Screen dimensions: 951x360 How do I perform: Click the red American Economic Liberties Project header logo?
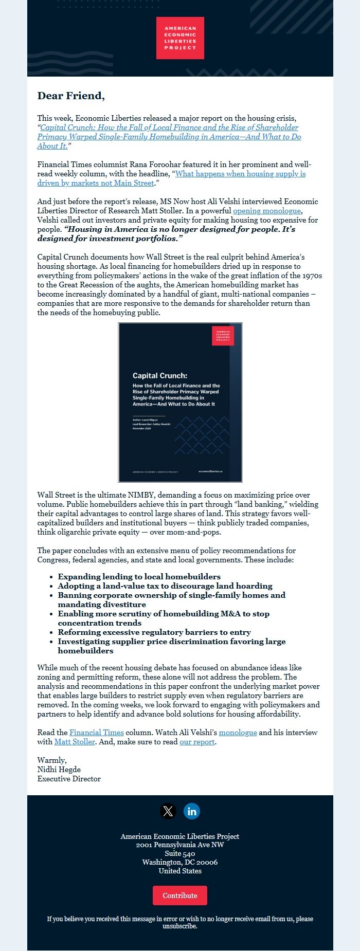click(x=180, y=38)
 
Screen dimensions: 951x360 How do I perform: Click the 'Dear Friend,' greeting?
click(x=71, y=96)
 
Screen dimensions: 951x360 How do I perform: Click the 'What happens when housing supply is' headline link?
click(x=240, y=174)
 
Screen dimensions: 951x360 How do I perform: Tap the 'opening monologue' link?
click(x=266, y=211)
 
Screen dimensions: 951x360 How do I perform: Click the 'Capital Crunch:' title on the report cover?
click(x=160, y=375)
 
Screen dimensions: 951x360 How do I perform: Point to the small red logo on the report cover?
click(x=223, y=336)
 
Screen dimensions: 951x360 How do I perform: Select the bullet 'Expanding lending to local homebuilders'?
click(x=139, y=577)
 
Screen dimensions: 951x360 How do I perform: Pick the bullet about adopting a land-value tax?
click(x=165, y=586)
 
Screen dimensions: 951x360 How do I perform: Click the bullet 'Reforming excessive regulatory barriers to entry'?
click(x=154, y=632)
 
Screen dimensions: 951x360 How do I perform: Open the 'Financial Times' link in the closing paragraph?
click(x=97, y=733)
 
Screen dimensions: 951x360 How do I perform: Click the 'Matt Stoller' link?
click(x=75, y=742)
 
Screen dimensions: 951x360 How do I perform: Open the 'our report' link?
click(x=197, y=742)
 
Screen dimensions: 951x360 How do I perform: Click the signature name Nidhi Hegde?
click(x=59, y=770)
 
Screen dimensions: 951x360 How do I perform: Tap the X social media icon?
click(x=168, y=811)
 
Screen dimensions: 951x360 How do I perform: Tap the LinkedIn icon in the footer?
click(x=192, y=811)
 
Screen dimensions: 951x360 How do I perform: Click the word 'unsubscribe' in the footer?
click(x=179, y=926)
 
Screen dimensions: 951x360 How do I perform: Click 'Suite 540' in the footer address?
click(x=180, y=853)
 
